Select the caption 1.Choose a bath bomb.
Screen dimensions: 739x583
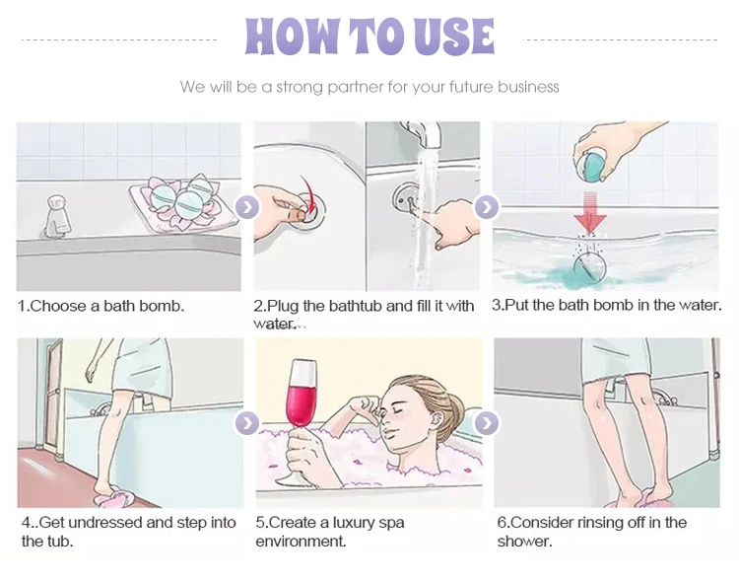tap(101, 306)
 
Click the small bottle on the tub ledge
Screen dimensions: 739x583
tap(57, 216)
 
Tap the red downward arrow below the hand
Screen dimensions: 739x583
tap(589, 212)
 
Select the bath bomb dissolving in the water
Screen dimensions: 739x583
tap(589, 267)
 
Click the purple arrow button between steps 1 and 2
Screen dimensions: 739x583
tap(247, 206)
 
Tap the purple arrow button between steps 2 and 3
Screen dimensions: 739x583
tap(487, 206)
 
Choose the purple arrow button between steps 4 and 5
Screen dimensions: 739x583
tap(247, 422)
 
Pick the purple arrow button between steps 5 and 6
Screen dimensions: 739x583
tap(487, 422)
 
